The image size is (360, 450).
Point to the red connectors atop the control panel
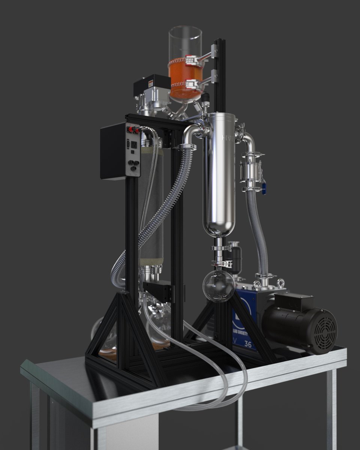point(133,130)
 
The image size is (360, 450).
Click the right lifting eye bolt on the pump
point(281,283)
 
